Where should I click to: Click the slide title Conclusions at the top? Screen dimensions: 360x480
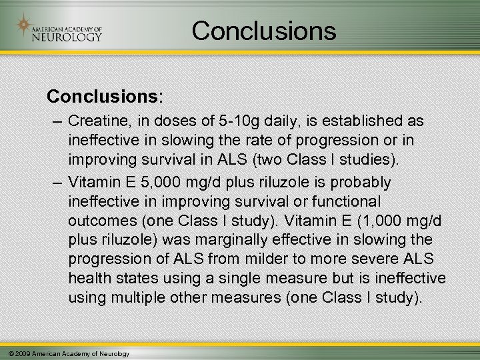(263, 31)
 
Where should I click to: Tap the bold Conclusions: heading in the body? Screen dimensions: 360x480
(104, 96)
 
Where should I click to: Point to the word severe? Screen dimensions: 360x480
(369, 259)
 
